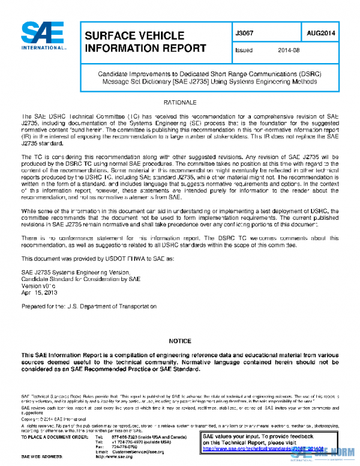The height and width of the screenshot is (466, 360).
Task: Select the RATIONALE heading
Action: pyautogui.click(x=179, y=103)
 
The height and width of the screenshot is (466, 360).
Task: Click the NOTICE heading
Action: pyautogui.click(x=179, y=341)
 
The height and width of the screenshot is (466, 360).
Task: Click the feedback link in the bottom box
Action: pyautogui.click(x=264, y=448)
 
